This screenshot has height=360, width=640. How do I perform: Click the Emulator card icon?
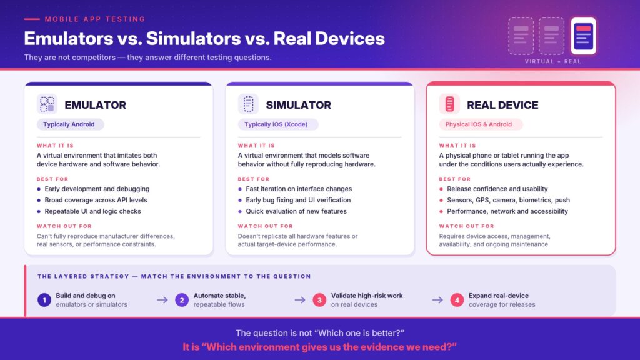tap(47, 104)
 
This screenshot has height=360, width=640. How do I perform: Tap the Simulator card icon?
tap(248, 104)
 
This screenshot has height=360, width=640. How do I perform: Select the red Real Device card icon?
tap(449, 104)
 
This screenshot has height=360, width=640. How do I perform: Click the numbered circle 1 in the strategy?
tap(44, 300)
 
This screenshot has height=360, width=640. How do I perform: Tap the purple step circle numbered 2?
tap(182, 300)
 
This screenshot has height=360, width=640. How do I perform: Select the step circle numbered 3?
tap(319, 300)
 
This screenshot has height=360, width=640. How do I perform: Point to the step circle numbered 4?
tap(457, 300)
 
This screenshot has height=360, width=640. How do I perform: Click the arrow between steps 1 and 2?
tap(162, 300)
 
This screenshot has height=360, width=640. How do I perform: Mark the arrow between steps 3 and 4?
tap(437, 300)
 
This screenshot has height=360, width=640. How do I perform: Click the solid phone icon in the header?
tap(583, 36)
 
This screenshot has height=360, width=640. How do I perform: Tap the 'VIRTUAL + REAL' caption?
tap(552, 61)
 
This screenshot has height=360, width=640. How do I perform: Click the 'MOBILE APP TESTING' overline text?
tap(95, 19)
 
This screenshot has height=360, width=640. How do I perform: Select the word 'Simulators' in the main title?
tap(194, 38)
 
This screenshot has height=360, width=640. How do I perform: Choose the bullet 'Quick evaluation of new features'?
tap(292, 211)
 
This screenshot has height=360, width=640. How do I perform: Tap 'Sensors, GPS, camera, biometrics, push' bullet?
tap(504, 200)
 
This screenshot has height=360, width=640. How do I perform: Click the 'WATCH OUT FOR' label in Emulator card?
tap(64, 226)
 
